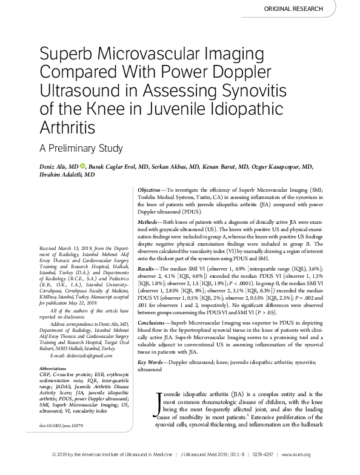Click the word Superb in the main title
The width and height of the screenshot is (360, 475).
(x=67, y=56)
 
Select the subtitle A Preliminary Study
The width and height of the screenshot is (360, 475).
(x=81, y=148)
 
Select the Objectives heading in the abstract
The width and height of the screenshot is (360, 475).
(x=152, y=190)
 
